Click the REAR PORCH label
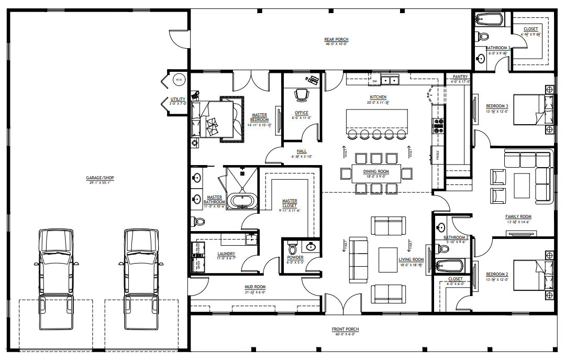point(336,40)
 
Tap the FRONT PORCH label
point(345,330)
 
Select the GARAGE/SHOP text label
point(100,178)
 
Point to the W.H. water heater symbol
point(179,80)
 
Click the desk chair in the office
point(301,94)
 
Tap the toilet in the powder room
point(292,246)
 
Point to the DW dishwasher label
point(374,82)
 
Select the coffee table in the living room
point(388,259)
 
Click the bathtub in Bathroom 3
point(490,20)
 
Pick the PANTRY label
point(460,77)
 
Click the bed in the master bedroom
point(215,119)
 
